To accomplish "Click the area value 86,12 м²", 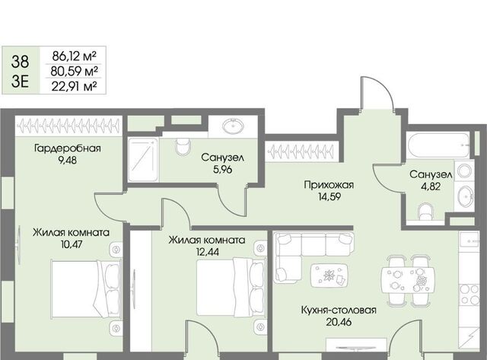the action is pyautogui.click(x=74, y=56).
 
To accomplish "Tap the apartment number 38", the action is pyautogui.click(x=21, y=61).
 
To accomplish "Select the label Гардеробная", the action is pyautogui.click(x=68, y=148).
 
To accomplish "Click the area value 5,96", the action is pyautogui.click(x=223, y=170).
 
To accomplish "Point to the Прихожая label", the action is pyautogui.click(x=329, y=185).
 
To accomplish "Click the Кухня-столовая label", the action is pyautogui.click(x=339, y=310).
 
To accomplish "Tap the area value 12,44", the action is pyautogui.click(x=207, y=252).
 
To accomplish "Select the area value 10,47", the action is pyautogui.click(x=72, y=244).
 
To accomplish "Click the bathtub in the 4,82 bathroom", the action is pyautogui.click(x=438, y=145).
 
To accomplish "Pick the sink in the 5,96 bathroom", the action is pyautogui.click(x=234, y=126).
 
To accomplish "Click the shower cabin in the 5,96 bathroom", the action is pyautogui.click(x=143, y=160).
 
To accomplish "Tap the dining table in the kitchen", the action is pyautogui.click(x=408, y=280).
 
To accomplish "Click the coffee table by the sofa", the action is pyautogui.click(x=329, y=276).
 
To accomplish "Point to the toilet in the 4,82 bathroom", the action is pyautogui.click(x=425, y=212).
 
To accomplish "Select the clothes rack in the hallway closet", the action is pyautogui.click(x=301, y=152).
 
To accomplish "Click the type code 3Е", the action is pyautogui.click(x=21, y=81).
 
